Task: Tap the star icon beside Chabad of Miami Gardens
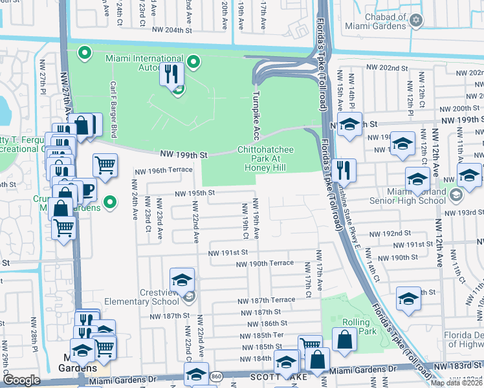417,21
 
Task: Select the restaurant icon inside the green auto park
171,73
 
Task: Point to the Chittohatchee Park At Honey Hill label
265,158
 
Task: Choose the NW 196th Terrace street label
164,171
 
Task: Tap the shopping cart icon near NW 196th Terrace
105,165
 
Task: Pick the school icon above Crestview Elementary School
182,280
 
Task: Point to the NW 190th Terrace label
265,264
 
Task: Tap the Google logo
21,380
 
